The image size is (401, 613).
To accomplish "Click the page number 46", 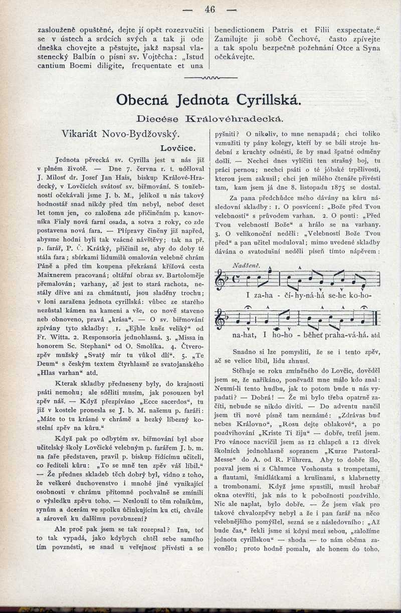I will click(210, 9).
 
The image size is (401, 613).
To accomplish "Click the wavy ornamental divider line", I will click(210, 79).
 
